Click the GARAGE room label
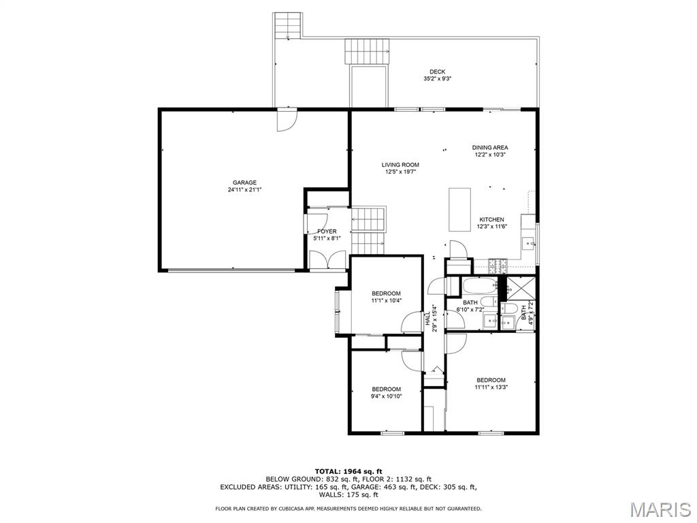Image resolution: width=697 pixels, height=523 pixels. point(244,183)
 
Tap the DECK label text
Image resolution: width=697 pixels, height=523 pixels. point(437,72)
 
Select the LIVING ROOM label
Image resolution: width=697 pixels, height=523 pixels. point(400,165)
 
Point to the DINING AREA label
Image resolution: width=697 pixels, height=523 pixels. point(490,147)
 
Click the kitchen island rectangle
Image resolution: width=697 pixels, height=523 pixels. point(460,209)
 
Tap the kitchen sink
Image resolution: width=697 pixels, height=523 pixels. point(528,242)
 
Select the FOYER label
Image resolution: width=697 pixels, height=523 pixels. point(327,232)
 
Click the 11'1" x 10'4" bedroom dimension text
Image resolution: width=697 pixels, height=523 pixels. point(386,300)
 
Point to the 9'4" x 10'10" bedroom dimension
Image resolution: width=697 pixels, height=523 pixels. point(386,396)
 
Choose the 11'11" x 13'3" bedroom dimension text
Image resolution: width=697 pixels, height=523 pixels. point(491,387)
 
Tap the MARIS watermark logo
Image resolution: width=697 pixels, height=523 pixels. point(660,509)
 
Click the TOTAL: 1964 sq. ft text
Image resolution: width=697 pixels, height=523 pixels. point(348,471)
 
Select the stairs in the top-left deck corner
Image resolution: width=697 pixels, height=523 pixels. point(287,26)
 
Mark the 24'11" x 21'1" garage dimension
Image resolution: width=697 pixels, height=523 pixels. point(244,190)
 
